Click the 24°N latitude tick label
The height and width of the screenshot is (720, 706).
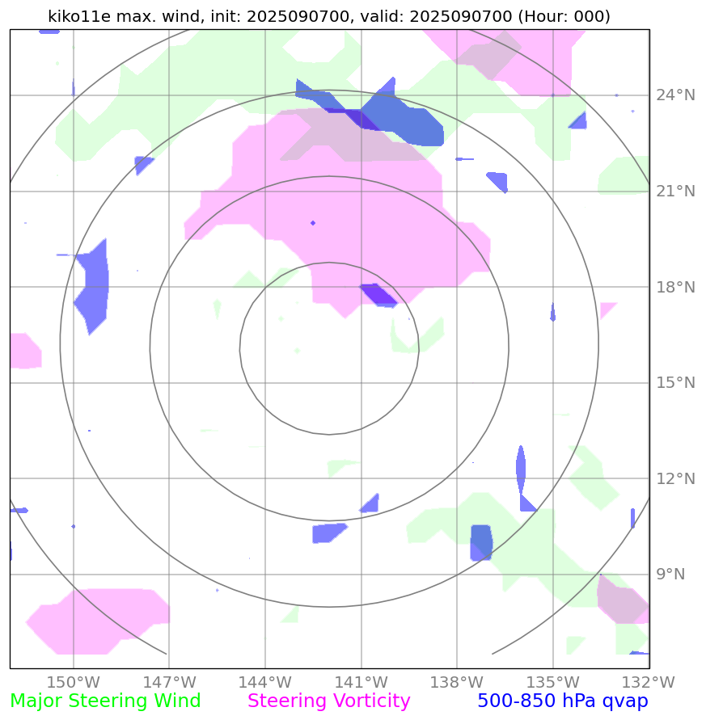click(674, 95)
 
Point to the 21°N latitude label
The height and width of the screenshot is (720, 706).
click(674, 192)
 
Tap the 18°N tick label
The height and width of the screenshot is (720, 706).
click(674, 287)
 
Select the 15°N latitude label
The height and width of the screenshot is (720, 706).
click(674, 382)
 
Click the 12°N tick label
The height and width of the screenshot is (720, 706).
click(674, 478)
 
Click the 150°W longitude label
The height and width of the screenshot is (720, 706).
click(74, 681)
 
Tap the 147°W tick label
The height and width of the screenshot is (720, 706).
click(169, 681)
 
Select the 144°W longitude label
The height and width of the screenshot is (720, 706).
click(265, 681)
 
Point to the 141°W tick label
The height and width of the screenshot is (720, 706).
click(361, 681)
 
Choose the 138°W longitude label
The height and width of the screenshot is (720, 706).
click(457, 681)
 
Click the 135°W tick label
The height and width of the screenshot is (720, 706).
click(553, 681)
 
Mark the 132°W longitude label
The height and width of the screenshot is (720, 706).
click(649, 681)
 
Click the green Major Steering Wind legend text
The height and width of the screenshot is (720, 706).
click(105, 701)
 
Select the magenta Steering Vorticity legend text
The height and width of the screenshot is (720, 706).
click(329, 701)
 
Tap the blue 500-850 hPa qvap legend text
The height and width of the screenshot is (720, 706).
click(563, 701)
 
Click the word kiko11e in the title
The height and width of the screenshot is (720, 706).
click(81, 16)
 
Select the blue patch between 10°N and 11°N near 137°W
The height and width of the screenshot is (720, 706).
click(481, 541)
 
